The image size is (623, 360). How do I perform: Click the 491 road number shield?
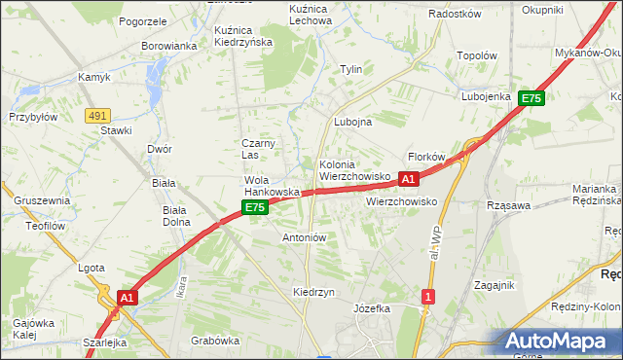click(x=96, y=115)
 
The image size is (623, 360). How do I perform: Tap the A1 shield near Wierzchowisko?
click(x=409, y=179)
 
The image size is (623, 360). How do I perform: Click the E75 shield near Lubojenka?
click(x=531, y=98)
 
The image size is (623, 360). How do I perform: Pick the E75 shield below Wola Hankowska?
click(x=254, y=208)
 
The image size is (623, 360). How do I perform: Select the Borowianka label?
click(x=169, y=46)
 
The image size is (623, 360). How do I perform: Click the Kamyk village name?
click(x=94, y=77)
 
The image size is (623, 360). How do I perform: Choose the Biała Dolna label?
click(x=175, y=215)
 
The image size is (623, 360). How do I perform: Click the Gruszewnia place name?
click(x=42, y=199)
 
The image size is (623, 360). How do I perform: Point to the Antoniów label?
click(x=304, y=236)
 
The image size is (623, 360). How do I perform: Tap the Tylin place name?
click(x=350, y=70)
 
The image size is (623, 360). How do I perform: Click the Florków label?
click(x=426, y=157)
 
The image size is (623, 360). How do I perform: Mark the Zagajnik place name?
click(x=494, y=285)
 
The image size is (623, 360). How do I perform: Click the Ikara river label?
click(x=180, y=289)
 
